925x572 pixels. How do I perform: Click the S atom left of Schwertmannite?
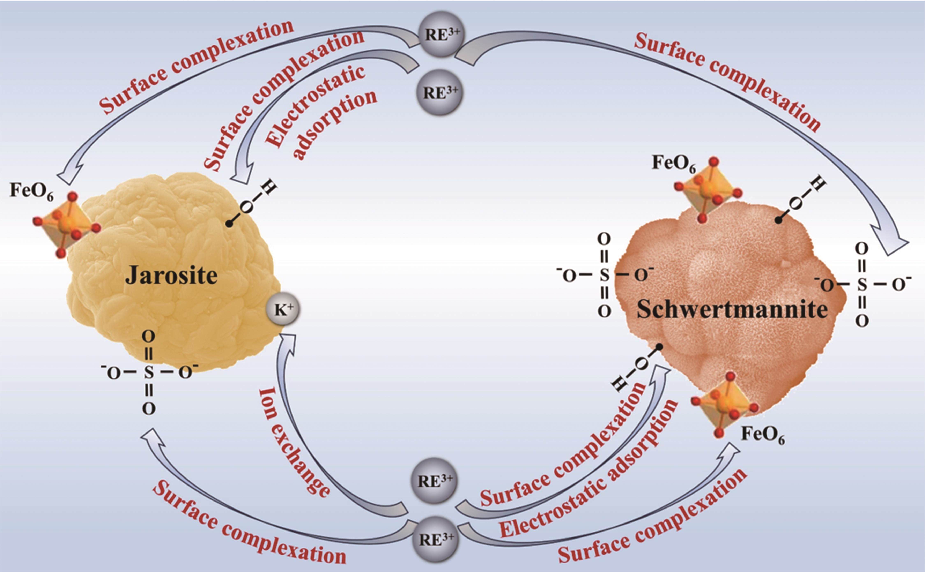pos(604,276)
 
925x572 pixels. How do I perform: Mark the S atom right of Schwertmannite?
pos(862,285)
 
